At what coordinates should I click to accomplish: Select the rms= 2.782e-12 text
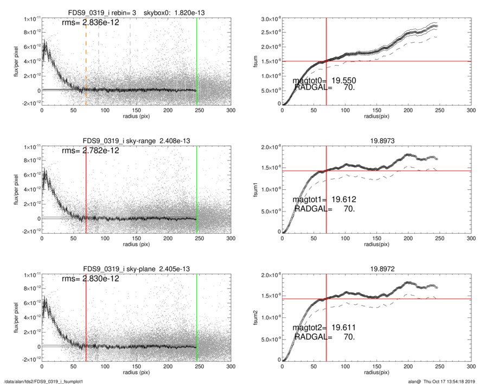pos(91,151)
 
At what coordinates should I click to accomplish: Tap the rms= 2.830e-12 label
pos(91,279)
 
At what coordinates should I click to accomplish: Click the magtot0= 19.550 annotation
pos(325,80)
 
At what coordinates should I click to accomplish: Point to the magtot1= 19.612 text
pos(325,200)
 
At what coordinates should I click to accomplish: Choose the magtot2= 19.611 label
pos(325,328)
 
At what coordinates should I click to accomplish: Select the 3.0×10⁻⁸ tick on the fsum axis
pos(268,20)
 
